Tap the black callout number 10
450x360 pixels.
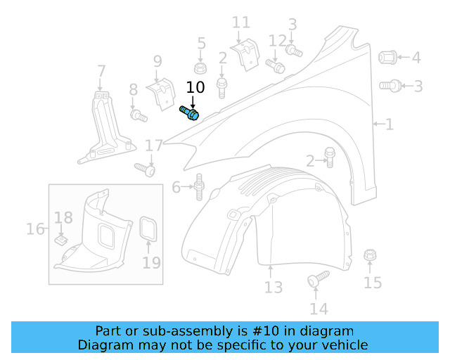click(195, 87)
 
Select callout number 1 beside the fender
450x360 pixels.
click(389, 124)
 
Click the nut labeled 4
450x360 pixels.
click(388, 57)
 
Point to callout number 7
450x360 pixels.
click(101, 71)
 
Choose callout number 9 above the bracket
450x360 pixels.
click(157, 61)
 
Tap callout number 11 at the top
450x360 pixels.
click(240, 23)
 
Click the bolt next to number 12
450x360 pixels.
click(275, 66)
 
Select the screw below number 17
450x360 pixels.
click(145, 169)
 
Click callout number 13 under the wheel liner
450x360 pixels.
click(274, 287)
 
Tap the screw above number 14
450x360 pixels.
click(318, 278)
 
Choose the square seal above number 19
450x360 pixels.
click(148, 229)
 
